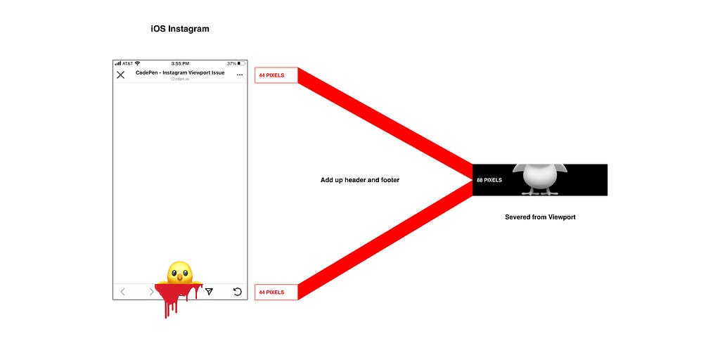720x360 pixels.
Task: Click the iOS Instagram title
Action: (180, 29)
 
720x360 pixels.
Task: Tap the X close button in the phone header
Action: (121, 75)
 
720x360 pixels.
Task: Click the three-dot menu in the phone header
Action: (240, 75)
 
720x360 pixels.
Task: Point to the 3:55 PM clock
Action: (180, 63)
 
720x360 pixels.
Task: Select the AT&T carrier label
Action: (127, 63)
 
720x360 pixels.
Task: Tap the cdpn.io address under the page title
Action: (180, 79)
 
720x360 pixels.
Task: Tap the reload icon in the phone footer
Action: (238, 291)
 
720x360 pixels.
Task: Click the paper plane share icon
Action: (209, 291)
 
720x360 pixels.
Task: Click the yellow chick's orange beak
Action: (179, 277)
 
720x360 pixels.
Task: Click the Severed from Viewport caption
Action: (540, 217)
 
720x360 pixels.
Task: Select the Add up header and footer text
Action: (360, 180)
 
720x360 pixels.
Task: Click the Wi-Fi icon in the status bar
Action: (137, 63)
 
